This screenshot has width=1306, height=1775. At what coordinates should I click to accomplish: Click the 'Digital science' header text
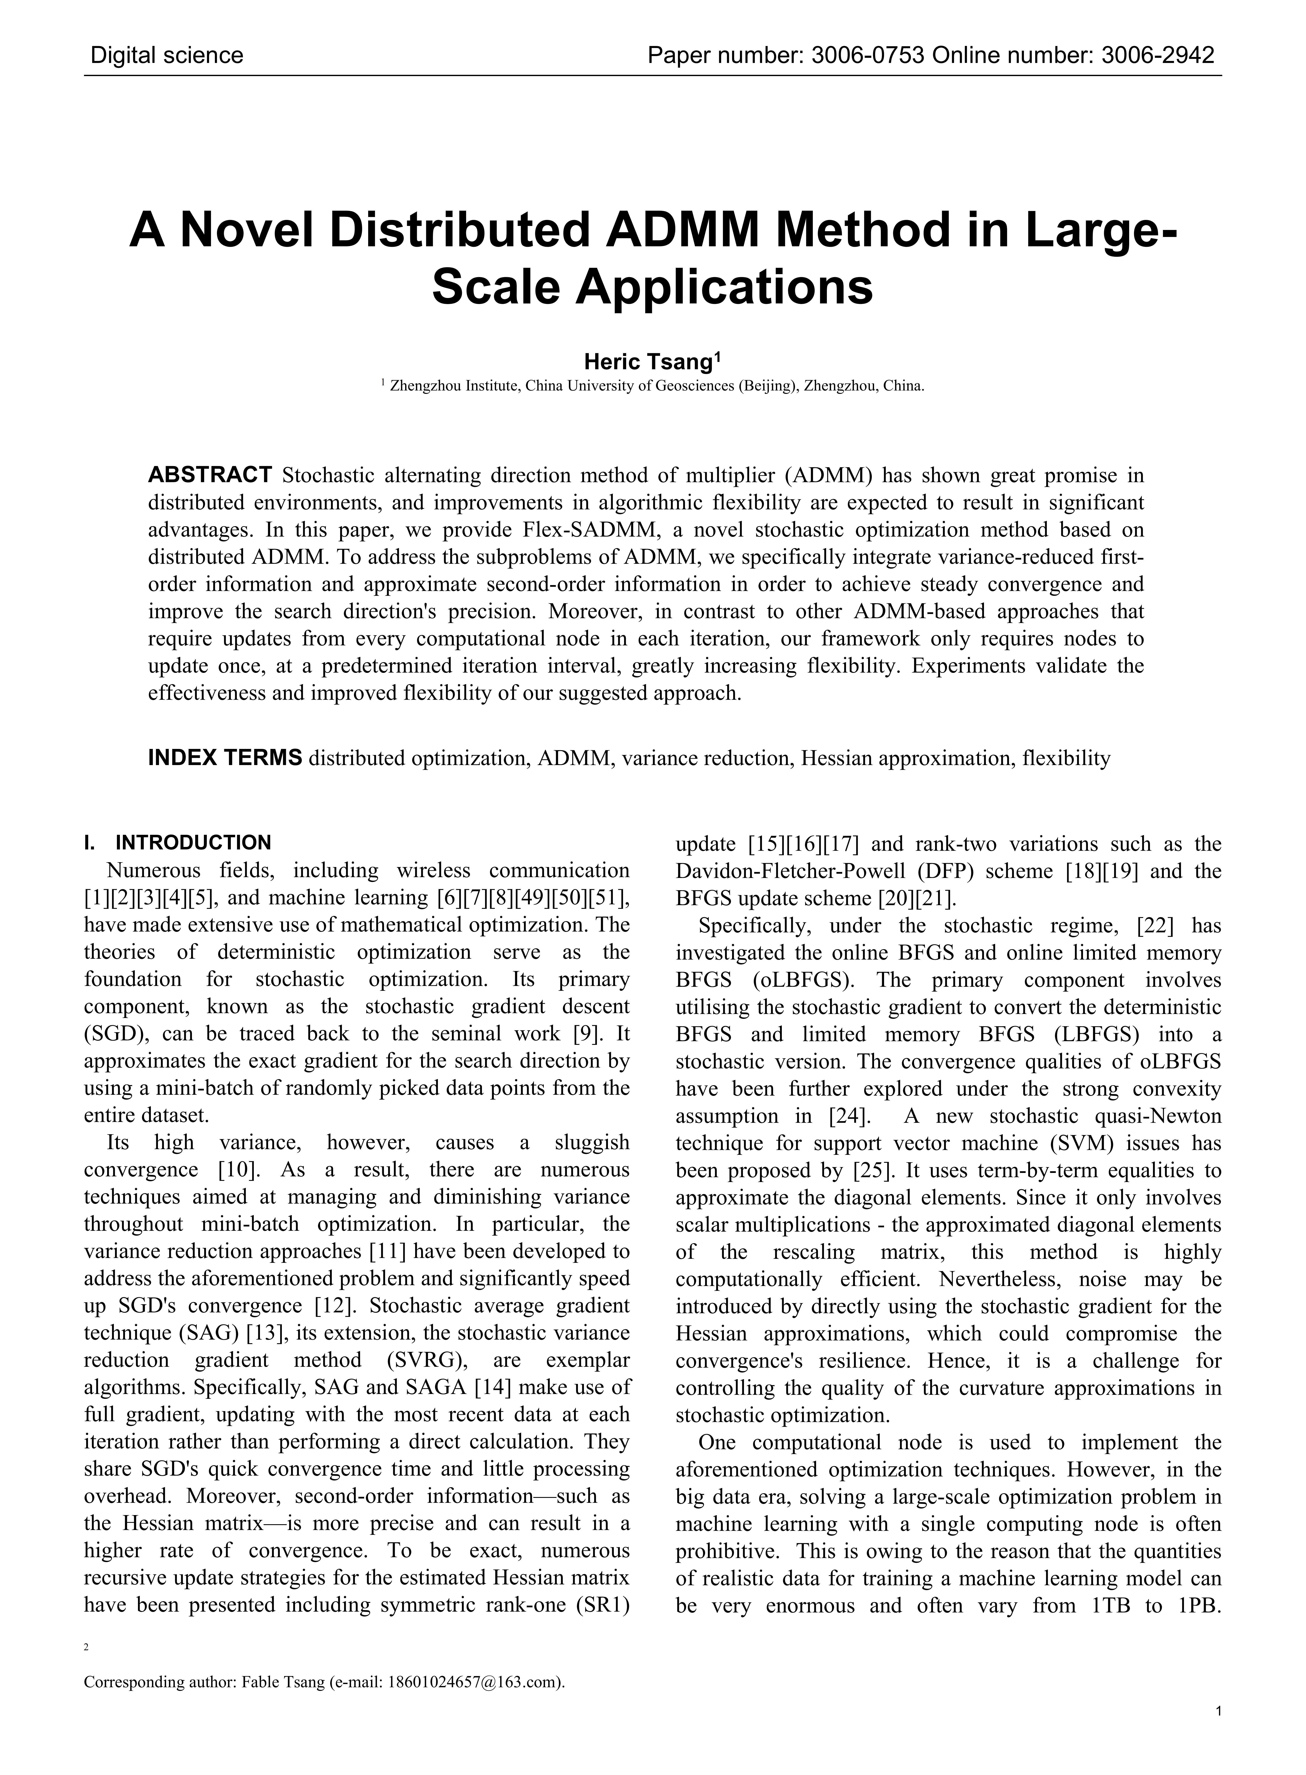(167, 55)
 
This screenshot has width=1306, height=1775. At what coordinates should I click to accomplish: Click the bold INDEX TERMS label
(225, 758)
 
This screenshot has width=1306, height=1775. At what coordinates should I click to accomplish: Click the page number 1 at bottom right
(1218, 1733)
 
